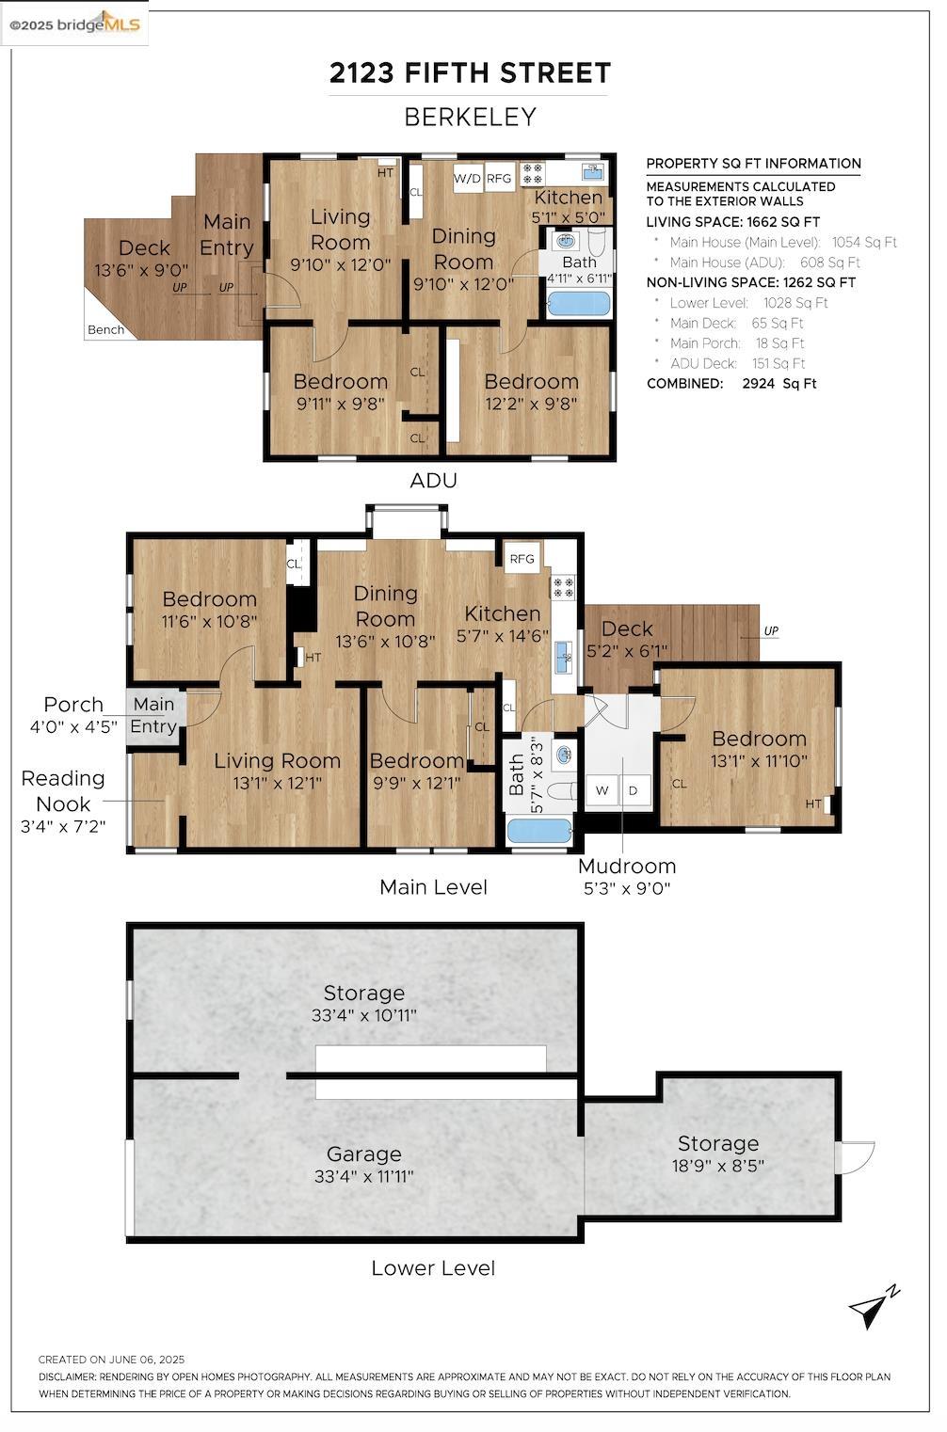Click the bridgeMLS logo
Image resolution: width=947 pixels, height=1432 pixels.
point(74,24)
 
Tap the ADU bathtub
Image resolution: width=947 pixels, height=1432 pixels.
point(579,302)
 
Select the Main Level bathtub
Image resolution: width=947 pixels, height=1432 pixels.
point(539,832)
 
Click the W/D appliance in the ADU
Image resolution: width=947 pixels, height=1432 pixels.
point(468,179)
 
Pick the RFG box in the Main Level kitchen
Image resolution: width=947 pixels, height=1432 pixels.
point(522,559)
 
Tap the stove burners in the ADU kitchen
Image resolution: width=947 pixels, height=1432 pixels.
point(532,172)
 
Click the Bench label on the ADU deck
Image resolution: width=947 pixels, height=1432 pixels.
point(106,329)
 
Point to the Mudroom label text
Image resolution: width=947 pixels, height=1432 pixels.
point(627,867)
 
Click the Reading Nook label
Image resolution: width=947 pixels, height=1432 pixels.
point(63,790)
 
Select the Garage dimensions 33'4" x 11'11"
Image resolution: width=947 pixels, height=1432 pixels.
point(364,1176)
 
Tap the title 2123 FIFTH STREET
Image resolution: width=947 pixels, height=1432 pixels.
point(470,72)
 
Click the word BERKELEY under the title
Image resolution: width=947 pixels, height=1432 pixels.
point(471,117)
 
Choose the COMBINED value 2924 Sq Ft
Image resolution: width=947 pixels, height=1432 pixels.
point(779,384)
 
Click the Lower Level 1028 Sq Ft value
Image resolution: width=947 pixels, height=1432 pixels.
point(795,303)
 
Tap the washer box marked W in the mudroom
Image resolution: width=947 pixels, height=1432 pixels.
point(602,790)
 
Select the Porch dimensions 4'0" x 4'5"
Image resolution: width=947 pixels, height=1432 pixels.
point(73,726)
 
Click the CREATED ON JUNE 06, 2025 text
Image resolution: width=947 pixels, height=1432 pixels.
point(111,1360)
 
